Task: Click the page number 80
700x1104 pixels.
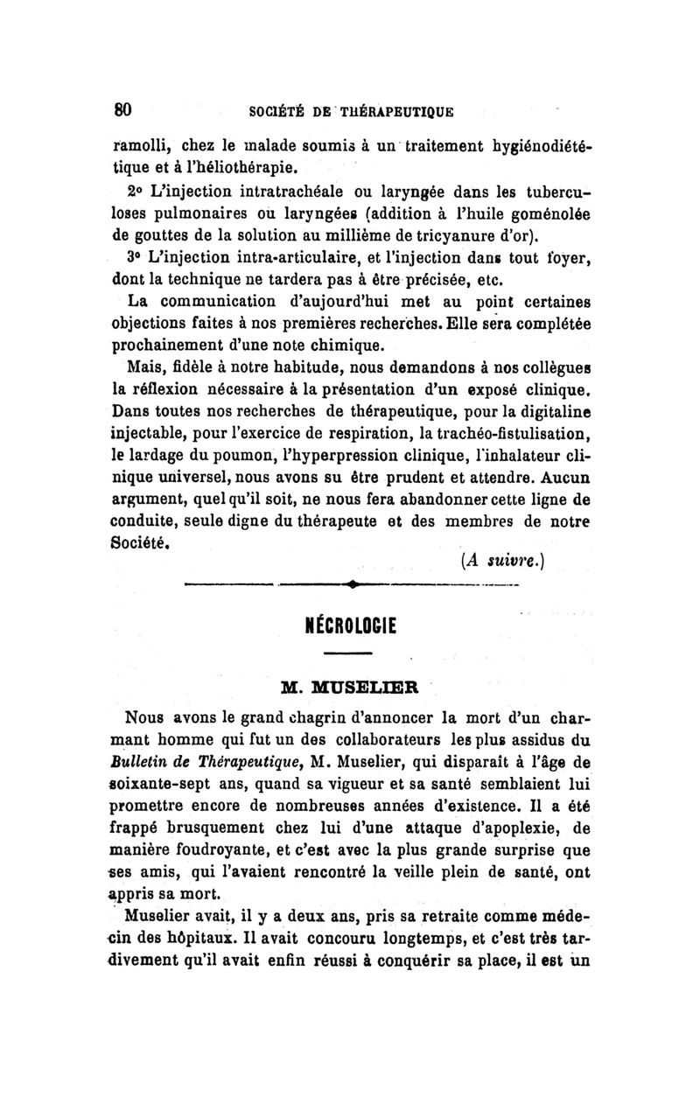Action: pyautogui.click(x=122, y=110)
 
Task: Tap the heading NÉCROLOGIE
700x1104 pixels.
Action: pyautogui.click(x=349, y=625)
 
